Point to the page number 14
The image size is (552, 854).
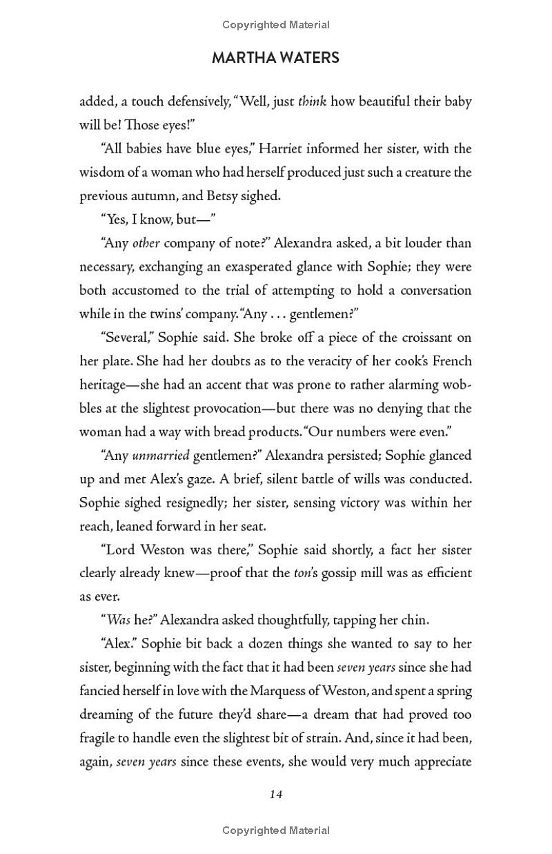[x=276, y=794]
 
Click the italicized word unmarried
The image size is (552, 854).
[x=159, y=456]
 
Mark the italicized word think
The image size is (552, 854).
[x=312, y=101]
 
